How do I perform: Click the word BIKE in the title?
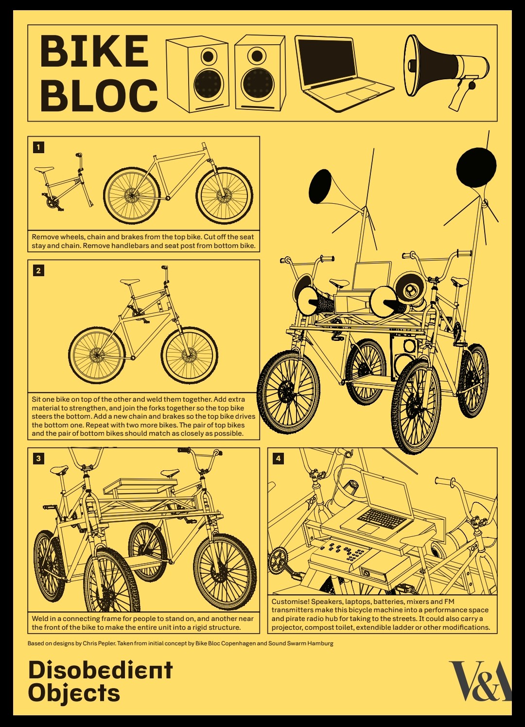click(x=94, y=51)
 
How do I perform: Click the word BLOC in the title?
click(x=99, y=95)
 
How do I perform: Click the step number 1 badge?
click(x=38, y=147)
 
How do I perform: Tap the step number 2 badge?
click(x=38, y=270)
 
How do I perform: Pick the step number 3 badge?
click(x=38, y=458)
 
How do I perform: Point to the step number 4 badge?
click(x=278, y=458)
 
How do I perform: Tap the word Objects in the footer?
click(x=74, y=693)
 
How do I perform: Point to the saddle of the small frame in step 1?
click(x=44, y=169)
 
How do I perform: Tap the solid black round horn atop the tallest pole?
click(x=476, y=168)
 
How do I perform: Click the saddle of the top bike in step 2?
click(x=130, y=282)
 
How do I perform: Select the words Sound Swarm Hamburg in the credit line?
click(x=300, y=643)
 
